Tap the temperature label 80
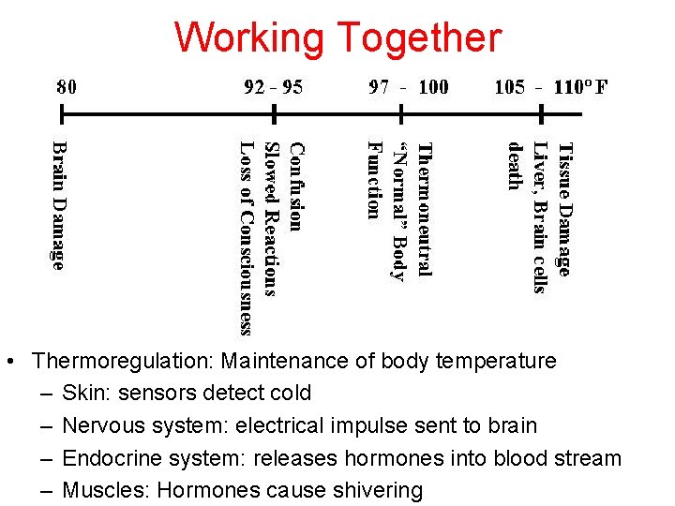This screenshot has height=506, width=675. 67,88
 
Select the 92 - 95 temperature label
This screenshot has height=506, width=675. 273,88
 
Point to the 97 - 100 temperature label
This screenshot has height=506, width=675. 409,88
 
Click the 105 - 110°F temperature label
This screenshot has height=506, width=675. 551,88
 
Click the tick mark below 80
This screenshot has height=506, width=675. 63,115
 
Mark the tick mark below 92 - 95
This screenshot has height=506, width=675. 273,115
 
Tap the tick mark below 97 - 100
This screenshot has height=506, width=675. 402,115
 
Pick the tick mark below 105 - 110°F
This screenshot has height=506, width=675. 542,115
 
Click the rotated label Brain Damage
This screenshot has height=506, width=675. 59,204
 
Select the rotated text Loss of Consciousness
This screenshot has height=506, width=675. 247,237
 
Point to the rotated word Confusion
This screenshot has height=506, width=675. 295,186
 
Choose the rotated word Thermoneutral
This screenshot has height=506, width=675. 424,209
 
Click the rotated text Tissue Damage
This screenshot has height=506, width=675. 563,208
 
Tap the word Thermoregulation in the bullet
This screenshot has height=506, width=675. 122,361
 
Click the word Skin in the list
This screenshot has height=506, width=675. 82,393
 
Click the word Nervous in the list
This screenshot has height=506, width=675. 99,425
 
